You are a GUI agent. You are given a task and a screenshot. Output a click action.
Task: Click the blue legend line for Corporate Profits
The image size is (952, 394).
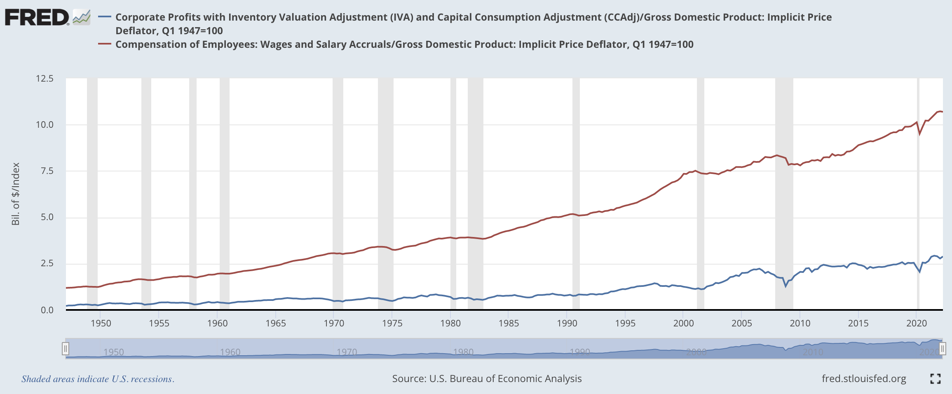coord(105,17)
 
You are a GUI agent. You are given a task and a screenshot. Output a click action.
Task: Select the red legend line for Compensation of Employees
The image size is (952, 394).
coord(105,44)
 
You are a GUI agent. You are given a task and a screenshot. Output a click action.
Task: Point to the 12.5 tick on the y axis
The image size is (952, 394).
coord(45,78)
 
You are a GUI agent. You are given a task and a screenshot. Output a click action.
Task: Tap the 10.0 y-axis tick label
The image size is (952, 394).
coord(45,124)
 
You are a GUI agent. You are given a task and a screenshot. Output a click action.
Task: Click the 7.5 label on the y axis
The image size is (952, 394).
coord(47,171)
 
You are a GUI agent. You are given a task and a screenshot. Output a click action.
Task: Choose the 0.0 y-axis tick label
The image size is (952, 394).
coord(47,310)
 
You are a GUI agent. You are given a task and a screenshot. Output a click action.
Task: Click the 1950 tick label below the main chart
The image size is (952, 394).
coord(101,323)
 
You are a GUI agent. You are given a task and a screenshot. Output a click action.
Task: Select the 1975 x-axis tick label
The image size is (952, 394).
coord(392,323)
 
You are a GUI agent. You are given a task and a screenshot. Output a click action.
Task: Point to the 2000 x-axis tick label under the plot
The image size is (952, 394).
coord(683,323)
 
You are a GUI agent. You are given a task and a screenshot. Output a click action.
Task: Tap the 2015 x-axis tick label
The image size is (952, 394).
coord(858,323)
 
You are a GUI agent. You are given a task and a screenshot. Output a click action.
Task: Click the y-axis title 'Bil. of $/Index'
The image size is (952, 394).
coord(16,194)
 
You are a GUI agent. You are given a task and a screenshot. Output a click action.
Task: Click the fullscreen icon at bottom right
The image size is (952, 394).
coord(935,379)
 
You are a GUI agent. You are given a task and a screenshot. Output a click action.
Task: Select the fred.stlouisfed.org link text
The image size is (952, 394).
coord(864,379)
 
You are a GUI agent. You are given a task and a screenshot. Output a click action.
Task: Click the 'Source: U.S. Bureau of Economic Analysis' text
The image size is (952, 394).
coord(487,379)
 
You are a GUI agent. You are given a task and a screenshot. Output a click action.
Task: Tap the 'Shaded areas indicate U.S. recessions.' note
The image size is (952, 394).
coord(98,379)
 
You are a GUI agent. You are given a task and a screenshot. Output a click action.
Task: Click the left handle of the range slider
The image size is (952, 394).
coord(65,349)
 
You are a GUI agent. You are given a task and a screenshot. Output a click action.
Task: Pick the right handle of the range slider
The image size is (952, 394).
coord(942,349)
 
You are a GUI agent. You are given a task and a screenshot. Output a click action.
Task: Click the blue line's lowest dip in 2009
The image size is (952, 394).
coord(786,286)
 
